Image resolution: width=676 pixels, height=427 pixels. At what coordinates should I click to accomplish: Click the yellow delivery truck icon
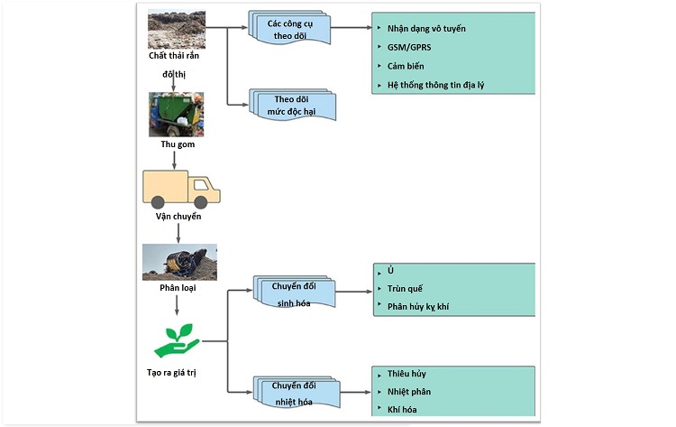181,189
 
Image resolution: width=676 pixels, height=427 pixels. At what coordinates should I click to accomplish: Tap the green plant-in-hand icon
177,339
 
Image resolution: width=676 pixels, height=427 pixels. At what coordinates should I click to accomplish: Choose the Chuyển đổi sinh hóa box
295,293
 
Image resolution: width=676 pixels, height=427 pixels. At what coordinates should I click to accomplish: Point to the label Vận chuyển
178,217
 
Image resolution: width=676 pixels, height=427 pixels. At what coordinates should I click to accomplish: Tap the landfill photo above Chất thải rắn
177,30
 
